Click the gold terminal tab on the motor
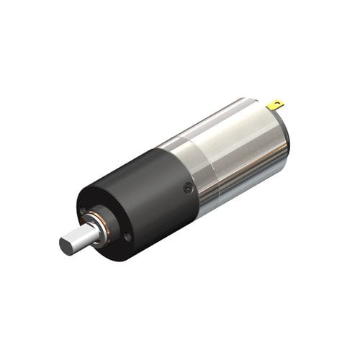(275, 105)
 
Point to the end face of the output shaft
(70, 244)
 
